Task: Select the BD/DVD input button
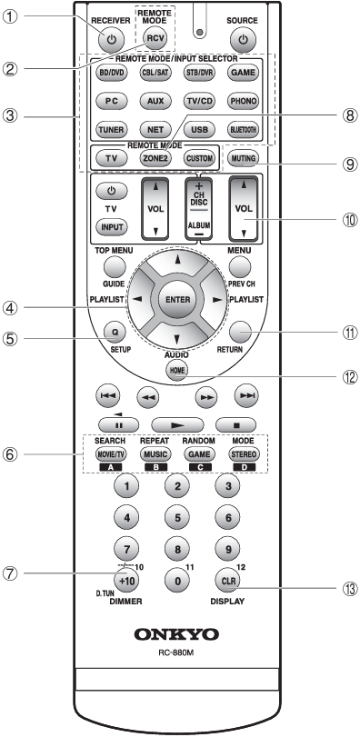coord(112,72)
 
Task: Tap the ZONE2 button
coord(180,157)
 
